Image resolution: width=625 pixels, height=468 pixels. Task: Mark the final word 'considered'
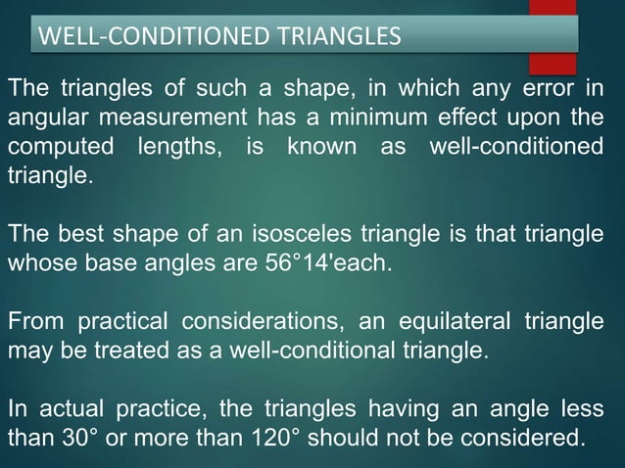coord(532,434)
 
